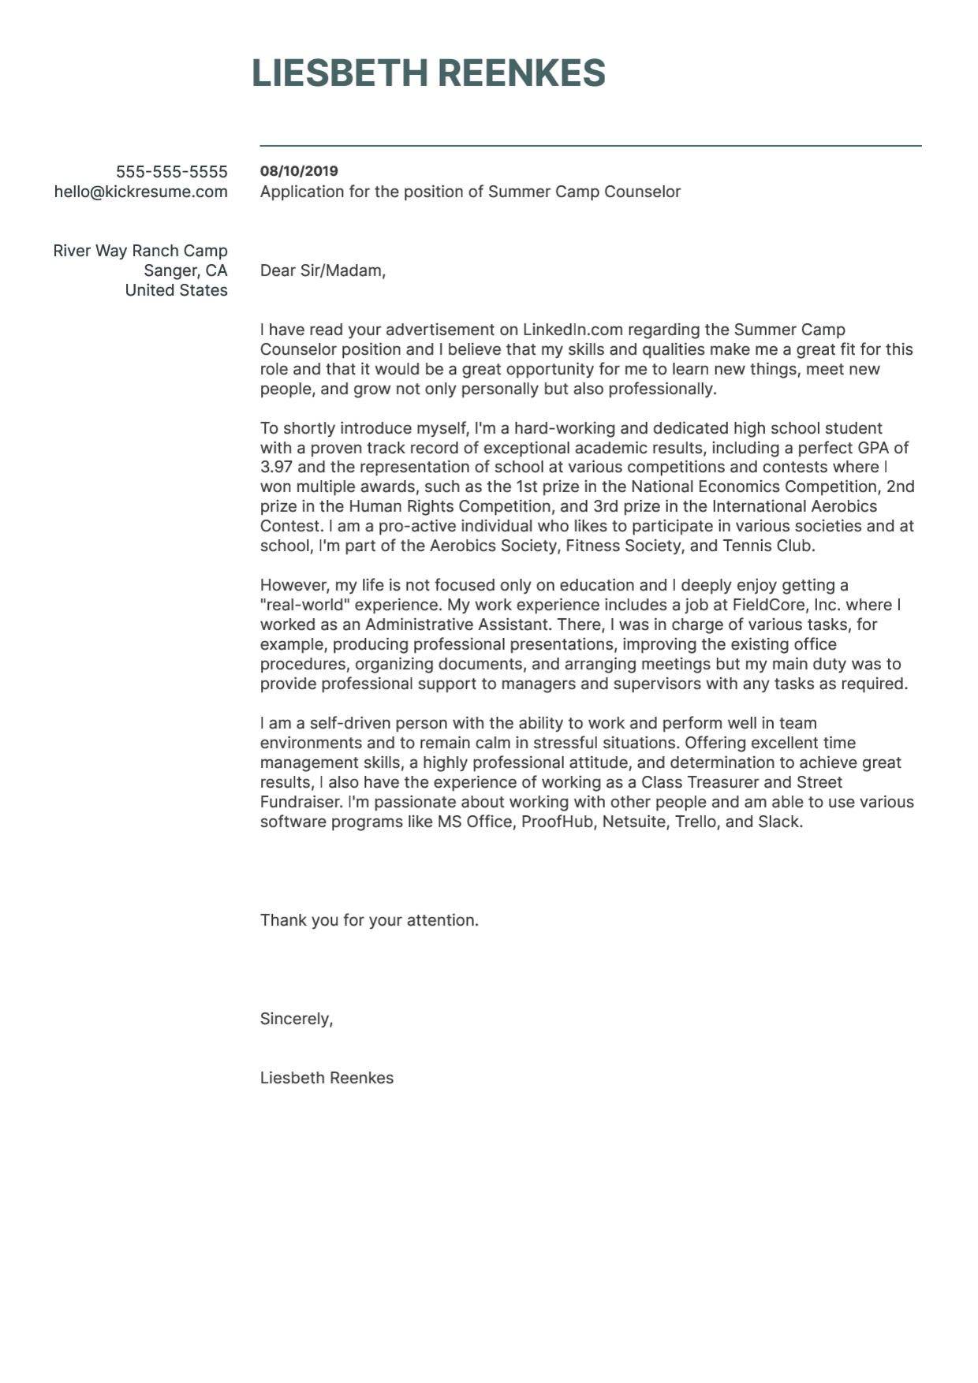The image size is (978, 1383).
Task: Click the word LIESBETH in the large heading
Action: (x=339, y=73)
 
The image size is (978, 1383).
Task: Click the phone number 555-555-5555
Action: (x=171, y=172)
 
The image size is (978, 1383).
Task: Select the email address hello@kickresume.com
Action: (x=140, y=192)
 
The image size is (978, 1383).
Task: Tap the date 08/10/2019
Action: (x=299, y=171)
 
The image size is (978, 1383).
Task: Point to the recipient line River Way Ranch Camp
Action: (x=140, y=251)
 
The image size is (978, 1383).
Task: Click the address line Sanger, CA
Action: (x=185, y=270)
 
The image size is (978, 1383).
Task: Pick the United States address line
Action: (x=176, y=290)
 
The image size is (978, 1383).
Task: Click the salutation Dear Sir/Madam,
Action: (x=323, y=270)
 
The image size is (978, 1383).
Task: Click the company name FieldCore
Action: (x=767, y=605)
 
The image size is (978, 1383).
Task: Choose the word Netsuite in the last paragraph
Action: (x=633, y=822)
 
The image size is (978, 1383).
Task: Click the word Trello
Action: (x=696, y=822)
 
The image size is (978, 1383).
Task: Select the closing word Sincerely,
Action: (x=297, y=1019)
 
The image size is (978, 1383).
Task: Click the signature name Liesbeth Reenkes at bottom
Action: (x=327, y=1078)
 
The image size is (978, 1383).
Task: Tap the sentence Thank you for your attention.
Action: (x=369, y=920)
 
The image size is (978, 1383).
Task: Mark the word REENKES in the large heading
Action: (x=521, y=73)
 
